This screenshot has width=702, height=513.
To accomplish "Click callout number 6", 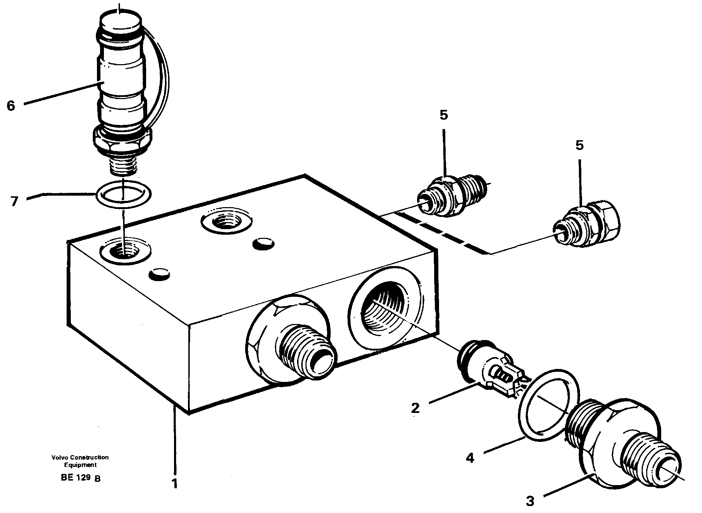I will click(x=11, y=105).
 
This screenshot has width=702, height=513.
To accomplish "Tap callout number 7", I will click(x=14, y=201).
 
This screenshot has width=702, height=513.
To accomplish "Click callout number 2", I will click(x=415, y=407).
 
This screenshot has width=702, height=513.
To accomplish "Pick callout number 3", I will click(x=530, y=501).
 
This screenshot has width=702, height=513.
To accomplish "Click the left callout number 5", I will click(x=444, y=115).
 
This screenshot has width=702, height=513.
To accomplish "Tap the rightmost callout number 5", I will click(x=579, y=145).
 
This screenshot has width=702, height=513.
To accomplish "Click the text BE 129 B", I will click(x=81, y=478).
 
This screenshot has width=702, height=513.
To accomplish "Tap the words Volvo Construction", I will click(x=80, y=457).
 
